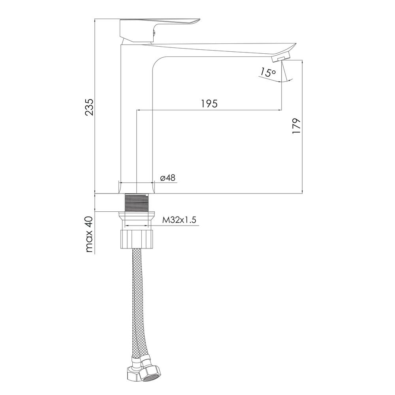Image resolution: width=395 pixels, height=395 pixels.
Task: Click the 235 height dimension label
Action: click(89, 107)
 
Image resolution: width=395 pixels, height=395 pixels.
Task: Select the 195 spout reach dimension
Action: click(209, 103)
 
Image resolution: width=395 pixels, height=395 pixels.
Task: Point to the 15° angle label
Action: click(268, 72)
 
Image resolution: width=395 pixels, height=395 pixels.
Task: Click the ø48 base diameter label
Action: click(168, 178)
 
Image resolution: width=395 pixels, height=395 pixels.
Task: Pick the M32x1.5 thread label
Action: click(179, 220)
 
